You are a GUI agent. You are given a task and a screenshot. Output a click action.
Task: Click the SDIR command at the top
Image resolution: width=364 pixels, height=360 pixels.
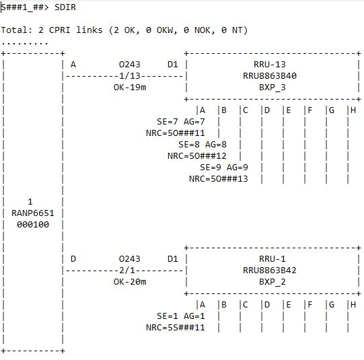pyautogui.click(x=65, y=7)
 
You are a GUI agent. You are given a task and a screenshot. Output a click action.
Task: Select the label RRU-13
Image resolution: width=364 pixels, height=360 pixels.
pyautogui.click(x=270, y=65)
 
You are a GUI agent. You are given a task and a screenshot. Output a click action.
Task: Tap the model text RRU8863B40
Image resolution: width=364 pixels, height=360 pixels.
pyautogui.click(x=270, y=75)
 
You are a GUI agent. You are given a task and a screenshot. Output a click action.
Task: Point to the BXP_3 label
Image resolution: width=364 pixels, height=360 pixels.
pyautogui.click(x=272, y=87)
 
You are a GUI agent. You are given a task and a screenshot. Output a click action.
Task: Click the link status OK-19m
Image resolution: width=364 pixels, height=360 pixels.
pyautogui.click(x=130, y=87)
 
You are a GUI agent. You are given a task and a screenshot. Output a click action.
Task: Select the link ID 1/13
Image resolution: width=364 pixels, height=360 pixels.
pyautogui.click(x=130, y=75)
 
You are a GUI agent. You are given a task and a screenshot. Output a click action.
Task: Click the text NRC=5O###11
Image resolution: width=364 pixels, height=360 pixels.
pyautogui.click(x=175, y=133)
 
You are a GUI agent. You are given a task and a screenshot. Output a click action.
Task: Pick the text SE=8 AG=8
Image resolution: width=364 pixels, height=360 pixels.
pyautogui.click(x=203, y=145)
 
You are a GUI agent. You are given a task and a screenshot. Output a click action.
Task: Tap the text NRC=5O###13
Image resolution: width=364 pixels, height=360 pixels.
pyautogui.click(x=219, y=179)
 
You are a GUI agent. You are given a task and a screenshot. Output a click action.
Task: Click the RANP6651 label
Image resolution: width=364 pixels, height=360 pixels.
pyautogui.click(x=33, y=213)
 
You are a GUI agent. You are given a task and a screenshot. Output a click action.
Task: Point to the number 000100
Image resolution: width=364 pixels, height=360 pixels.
pyautogui.click(x=33, y=225)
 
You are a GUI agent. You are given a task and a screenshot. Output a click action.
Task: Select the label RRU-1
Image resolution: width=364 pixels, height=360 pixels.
pyautogui.click(x=272, y=259)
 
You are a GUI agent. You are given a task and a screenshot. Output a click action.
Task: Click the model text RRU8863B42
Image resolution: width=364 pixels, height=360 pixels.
pyautogui.click(x=270, y=271)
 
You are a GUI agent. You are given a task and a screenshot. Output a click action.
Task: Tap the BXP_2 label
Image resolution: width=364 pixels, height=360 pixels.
pyautogui.click(x=272, y=282)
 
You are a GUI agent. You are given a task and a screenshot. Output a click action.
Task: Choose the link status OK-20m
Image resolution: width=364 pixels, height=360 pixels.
pyautogui.click(x=130, y=282)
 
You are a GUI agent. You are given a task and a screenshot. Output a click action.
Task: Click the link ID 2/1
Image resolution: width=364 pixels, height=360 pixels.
pyautogui.click(x=127, y=271)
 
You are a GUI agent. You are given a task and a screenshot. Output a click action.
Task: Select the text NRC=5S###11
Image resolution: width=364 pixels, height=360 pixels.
pyautogui.click(x=175, y=328)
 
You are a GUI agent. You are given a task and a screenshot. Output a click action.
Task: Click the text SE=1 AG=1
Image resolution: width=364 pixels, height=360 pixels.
pyautogui.click(x=180, y=316)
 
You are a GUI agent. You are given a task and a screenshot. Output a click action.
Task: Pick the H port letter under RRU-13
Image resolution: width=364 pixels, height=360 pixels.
pyautogui.click(x=353, y=110)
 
